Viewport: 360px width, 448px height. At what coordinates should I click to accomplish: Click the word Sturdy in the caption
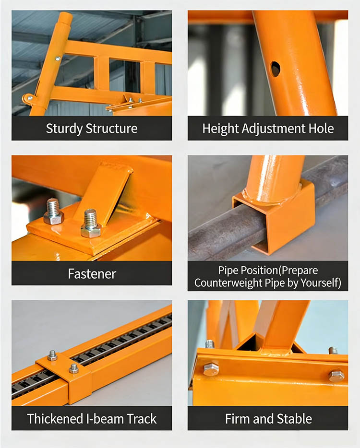64,129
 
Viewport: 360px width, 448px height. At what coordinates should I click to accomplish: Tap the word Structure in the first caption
111,128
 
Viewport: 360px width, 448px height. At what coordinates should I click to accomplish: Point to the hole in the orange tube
276,69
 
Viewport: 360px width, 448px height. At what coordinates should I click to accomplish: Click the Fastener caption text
92,274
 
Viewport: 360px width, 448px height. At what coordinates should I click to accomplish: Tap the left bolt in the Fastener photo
53,212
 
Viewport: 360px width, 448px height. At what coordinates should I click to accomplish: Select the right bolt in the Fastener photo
91,224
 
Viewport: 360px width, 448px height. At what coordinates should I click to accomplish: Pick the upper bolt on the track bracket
52,355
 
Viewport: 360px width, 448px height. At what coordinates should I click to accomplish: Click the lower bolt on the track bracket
74,368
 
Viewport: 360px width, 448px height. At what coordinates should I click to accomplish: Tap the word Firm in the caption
237,419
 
